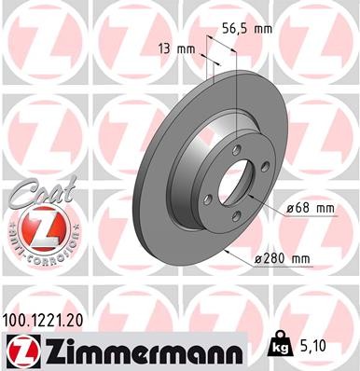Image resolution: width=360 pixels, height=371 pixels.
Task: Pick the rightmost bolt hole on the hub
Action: pos(267,168)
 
